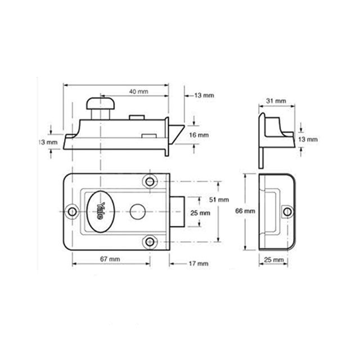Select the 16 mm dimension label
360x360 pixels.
200,136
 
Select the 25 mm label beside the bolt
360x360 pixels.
200,213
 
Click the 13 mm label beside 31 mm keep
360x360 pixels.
308,138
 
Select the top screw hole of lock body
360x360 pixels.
150,182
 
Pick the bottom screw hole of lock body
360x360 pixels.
150,241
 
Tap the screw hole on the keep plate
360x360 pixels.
287,211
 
